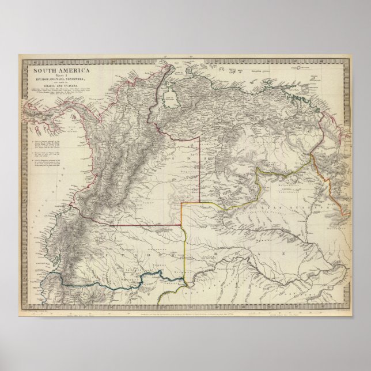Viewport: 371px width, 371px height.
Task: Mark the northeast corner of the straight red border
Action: click(200, 137)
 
